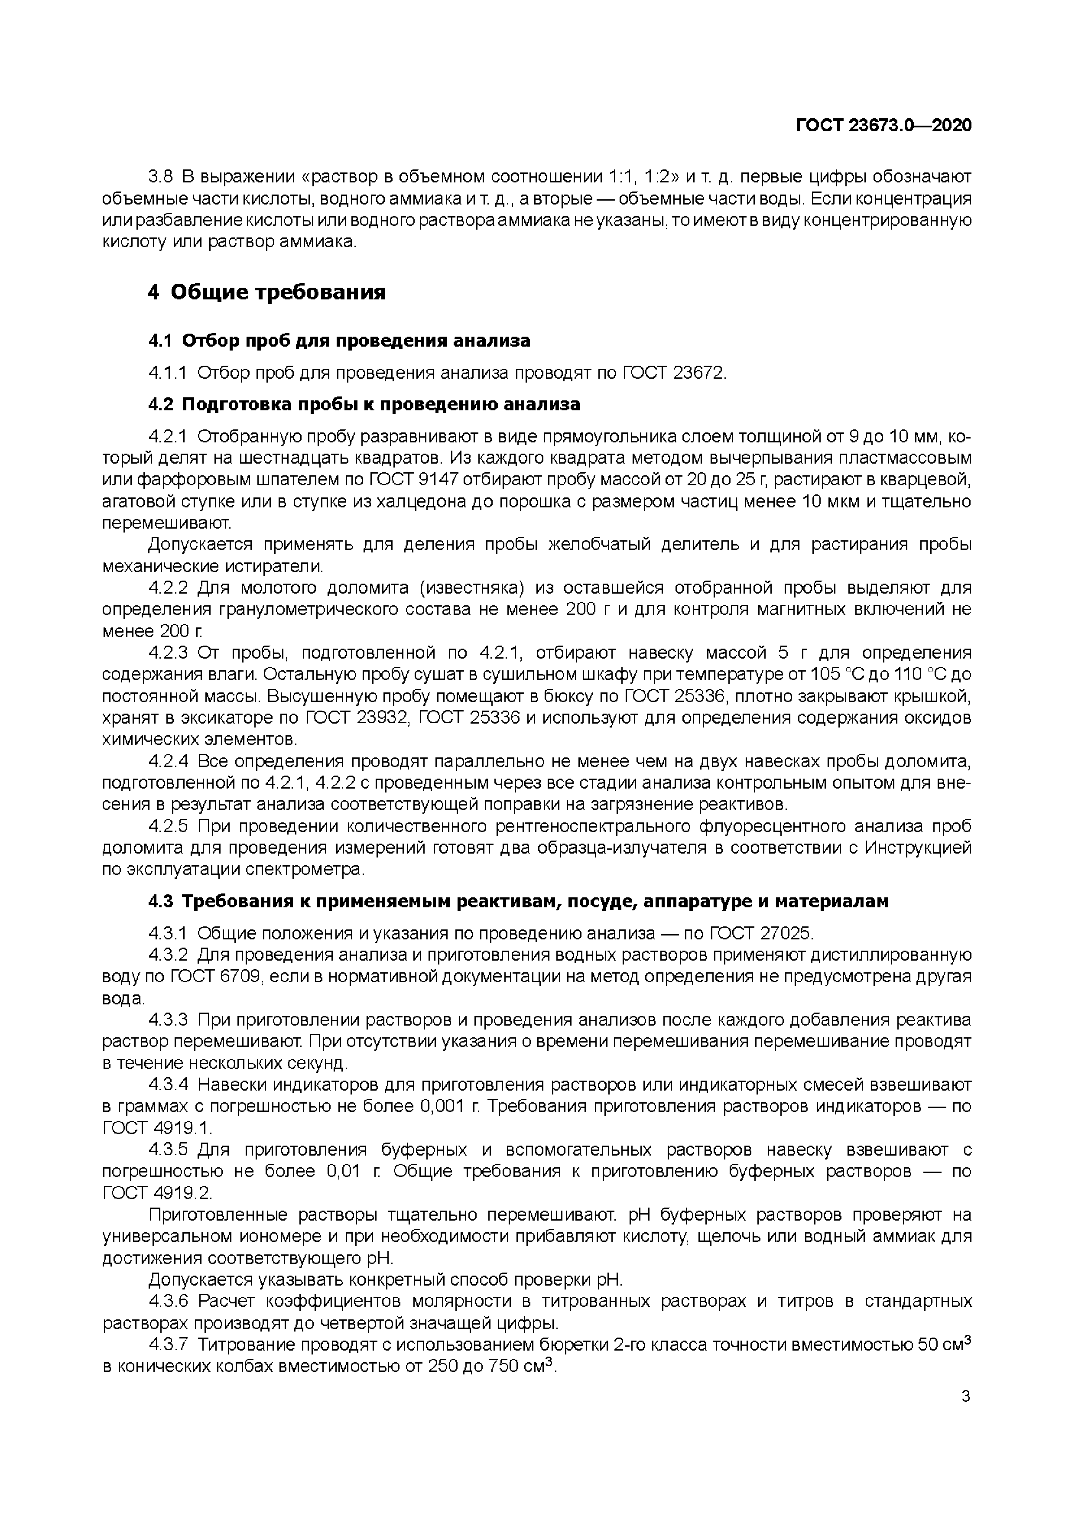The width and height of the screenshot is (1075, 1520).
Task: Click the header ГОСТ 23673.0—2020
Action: pos(883,126)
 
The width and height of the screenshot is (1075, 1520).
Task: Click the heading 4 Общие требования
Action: pos(267,292)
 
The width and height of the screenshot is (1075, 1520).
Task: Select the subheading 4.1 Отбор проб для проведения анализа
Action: pos(339,341)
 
